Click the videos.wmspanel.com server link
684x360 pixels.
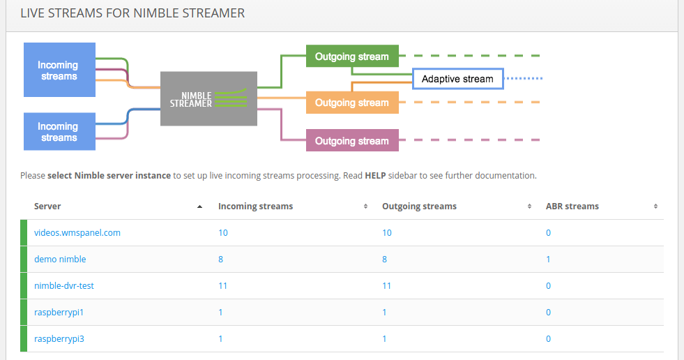(77, 232)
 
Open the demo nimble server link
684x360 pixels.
(60, 259)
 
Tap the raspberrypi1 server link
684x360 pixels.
(59, 312)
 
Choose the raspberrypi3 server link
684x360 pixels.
(59, 338)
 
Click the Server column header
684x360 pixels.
(47, 207)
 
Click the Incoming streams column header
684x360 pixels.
(255, 207)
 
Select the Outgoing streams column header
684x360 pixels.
(419, 207)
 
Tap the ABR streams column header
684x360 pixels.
(572, 207)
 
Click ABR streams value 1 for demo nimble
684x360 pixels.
(548, 259)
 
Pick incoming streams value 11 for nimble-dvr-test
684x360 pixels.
(223, 285)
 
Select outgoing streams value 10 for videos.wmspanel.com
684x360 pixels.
(387, 232)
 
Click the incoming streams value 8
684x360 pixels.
(221, 259)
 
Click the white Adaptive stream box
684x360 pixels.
(457, 79)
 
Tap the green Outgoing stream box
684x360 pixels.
(352, 57)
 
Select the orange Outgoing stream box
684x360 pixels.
(352, 103)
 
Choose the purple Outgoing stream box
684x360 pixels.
(352, 141)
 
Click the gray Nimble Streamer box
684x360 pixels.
(208, 98)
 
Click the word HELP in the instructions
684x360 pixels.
(376, 175)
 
